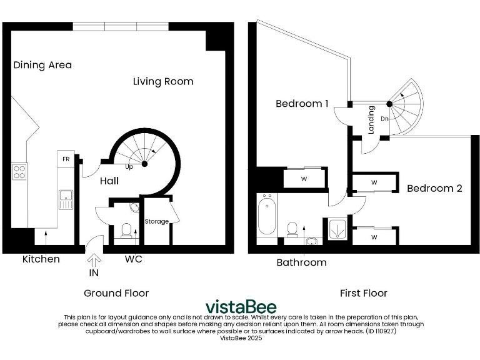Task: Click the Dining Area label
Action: click(x=42, y=65)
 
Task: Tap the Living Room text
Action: click(x=163, y=81)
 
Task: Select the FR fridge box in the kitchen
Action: click(x=66, y=159)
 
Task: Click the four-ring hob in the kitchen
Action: click(x=19, y=171)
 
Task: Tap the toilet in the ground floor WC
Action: click(x=126, y=232)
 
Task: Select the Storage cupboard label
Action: click(x=156, y=221)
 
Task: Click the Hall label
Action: click(x=109, y=181)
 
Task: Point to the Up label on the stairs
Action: click(x=129, y=167)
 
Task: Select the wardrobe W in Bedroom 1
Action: click(x=304, y=179)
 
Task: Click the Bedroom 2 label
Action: click(x=434, y=188)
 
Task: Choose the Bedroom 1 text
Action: click(x=302, y=104)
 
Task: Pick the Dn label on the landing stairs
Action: click(x=385, y=119)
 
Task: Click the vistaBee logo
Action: click(x=241, y=307)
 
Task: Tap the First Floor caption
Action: click(x=363, y=292)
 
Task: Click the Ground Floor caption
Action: click(x=116, y=292)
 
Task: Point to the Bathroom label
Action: click(x=301, y=262)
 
